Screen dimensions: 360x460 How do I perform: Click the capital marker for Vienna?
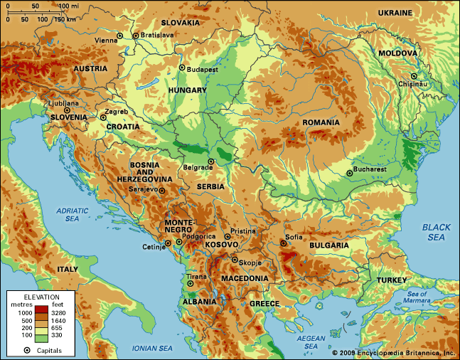[x=119, y=36]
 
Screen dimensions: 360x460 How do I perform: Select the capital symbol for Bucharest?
[x=349, y=172]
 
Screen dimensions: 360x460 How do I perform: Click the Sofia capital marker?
[x=283, y=243]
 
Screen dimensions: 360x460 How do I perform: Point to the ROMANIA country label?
[x=321, y=122]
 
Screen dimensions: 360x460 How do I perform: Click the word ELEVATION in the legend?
[x=41, y=296]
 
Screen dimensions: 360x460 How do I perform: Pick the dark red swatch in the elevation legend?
[x=41, y=311]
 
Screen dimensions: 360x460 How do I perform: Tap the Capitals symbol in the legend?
[x=27, y=350]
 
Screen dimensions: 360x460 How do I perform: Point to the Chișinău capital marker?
[x=412, y=76]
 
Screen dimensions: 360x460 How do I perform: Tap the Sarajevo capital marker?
[x=161, y=190]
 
